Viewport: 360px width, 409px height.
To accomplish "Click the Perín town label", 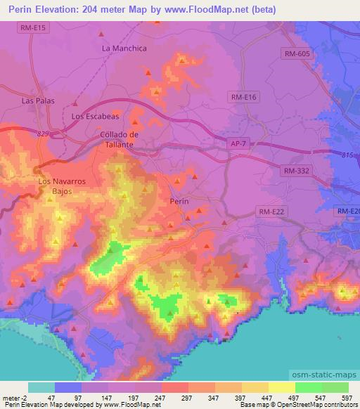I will tap(179, 201).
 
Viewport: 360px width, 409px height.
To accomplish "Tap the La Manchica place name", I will tap(124, 48).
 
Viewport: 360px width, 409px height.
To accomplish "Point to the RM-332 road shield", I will tap(297, 171).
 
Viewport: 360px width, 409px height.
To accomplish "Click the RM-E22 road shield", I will tap(271, 210).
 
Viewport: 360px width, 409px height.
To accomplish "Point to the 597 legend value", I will tap(347, 398).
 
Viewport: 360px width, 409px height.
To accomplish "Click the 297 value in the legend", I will tap(188, 398).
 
